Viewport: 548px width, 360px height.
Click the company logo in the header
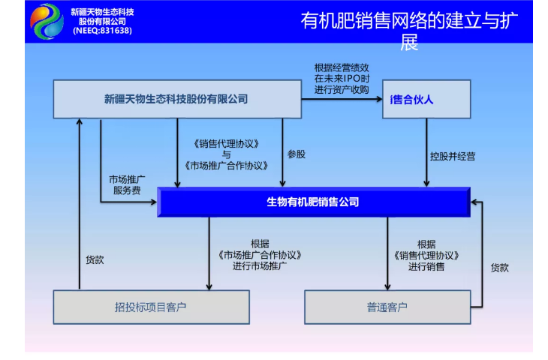[x=47, y=21]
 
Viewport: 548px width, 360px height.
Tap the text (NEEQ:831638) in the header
[x=102, y=31]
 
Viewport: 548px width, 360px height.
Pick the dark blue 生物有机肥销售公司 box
[x=313, y=202]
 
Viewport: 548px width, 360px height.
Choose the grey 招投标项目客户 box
[x=151, y=307]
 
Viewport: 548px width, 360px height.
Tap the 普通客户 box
[x=387, y=307]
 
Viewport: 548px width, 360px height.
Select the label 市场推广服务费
[x=127, y=184]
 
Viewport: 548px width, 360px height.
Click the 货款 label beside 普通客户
[x=500, y=267]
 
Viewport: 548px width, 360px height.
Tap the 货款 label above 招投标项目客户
[x=95, y=260]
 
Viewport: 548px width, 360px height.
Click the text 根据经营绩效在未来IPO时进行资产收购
[x=342, y=78]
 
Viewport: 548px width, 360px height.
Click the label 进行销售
[x=426, y=265]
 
